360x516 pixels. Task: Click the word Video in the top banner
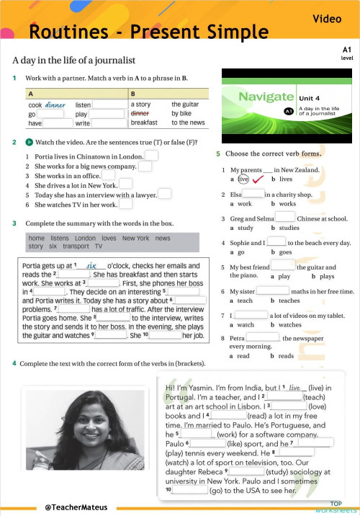coord(327,19)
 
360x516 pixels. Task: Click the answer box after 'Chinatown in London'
coord(151,156)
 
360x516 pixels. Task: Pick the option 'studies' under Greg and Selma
coord(289,228)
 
